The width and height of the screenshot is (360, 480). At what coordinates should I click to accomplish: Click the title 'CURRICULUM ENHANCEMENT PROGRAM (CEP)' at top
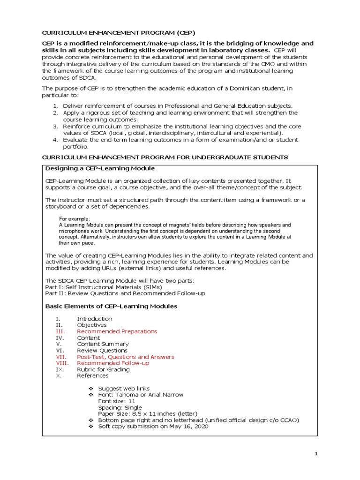(x=119, y=32)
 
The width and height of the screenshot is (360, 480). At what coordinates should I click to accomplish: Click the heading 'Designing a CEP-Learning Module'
(x=100, y=168)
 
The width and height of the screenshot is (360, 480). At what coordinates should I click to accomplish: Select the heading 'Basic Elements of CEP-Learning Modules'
(x=111, y=306)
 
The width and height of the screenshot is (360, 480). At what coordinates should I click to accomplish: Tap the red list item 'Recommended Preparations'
(x=117, y=331)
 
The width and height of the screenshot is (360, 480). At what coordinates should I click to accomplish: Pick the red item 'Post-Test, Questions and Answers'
(x=125, y=357)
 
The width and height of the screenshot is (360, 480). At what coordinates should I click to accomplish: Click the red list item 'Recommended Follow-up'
(x=113, y=363)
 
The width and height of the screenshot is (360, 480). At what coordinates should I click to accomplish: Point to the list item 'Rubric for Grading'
(x=103, y=369)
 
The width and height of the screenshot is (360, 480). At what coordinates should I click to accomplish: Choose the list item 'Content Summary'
(x=103, y=344)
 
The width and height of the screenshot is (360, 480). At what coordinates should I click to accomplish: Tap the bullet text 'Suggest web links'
(x=124, y=389)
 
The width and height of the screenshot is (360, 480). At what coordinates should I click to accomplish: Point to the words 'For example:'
(x=74, y=219)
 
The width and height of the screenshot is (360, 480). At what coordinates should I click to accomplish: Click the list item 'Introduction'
(x=95, y=319)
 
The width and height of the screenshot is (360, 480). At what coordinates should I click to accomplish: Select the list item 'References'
(x=92, y=376)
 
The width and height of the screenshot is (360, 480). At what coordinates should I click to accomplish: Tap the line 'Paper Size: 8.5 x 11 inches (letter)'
(x=148, y=414)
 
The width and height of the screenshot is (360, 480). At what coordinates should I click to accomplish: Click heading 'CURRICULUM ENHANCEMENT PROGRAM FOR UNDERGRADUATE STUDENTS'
(x=165, y=157)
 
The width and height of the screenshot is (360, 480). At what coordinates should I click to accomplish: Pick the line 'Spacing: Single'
(x=120, y=408)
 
